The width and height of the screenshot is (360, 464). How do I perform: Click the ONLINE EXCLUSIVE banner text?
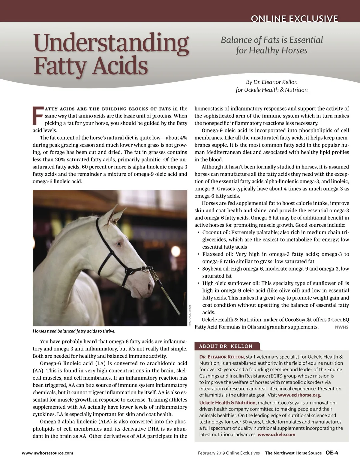294,19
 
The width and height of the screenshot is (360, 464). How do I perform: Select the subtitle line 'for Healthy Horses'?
271,50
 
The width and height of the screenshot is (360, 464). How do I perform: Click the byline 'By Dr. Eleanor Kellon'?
271,82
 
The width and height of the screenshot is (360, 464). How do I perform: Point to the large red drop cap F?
38,115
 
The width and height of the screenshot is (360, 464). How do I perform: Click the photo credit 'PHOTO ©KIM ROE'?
190,316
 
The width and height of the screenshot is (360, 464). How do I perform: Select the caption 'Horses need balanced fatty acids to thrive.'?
74,331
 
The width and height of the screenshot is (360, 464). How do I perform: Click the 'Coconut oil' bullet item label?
215,232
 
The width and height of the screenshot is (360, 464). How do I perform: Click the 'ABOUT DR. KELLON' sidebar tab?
226,346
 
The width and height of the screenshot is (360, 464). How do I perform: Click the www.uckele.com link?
276,434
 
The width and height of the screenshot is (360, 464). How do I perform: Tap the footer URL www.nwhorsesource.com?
47,453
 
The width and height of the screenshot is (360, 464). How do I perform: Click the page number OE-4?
332,453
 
